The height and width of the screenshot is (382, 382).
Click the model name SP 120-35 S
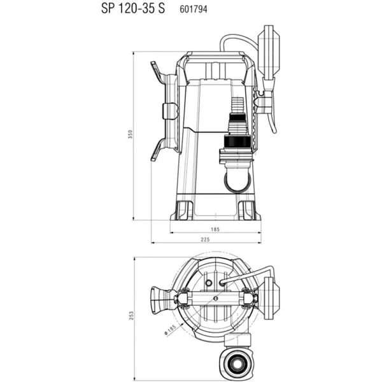133,8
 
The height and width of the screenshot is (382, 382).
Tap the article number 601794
194,10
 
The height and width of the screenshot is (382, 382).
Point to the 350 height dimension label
131,134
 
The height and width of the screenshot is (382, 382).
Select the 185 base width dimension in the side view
215,229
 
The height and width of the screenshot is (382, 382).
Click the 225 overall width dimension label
205,239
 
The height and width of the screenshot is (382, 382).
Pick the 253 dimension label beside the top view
131,316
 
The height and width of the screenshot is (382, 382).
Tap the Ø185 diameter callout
170,330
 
